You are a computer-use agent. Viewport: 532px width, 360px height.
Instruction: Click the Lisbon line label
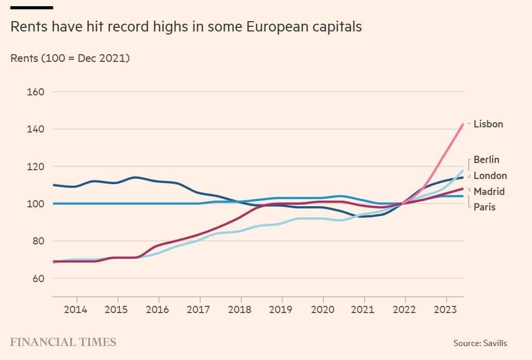point(488,124)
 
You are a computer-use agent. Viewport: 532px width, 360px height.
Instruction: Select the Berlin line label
point(486,159)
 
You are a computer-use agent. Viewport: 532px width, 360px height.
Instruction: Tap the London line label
point(490,175)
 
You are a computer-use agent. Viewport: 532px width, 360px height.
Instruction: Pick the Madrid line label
point(489,191)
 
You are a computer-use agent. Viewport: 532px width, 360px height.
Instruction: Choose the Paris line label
point(485,207)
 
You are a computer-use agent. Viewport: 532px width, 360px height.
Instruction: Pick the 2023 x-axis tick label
point(445,310)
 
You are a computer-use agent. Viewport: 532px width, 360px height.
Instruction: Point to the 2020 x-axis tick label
point(323,310)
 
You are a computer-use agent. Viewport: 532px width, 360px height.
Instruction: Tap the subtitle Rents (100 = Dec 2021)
point(70,58)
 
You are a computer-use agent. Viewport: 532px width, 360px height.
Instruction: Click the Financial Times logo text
point(63,342)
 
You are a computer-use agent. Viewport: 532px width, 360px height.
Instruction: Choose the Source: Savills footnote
point(480,343)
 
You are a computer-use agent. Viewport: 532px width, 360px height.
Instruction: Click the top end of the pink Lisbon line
point(462,124)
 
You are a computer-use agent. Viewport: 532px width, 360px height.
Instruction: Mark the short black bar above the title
point(31,8)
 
